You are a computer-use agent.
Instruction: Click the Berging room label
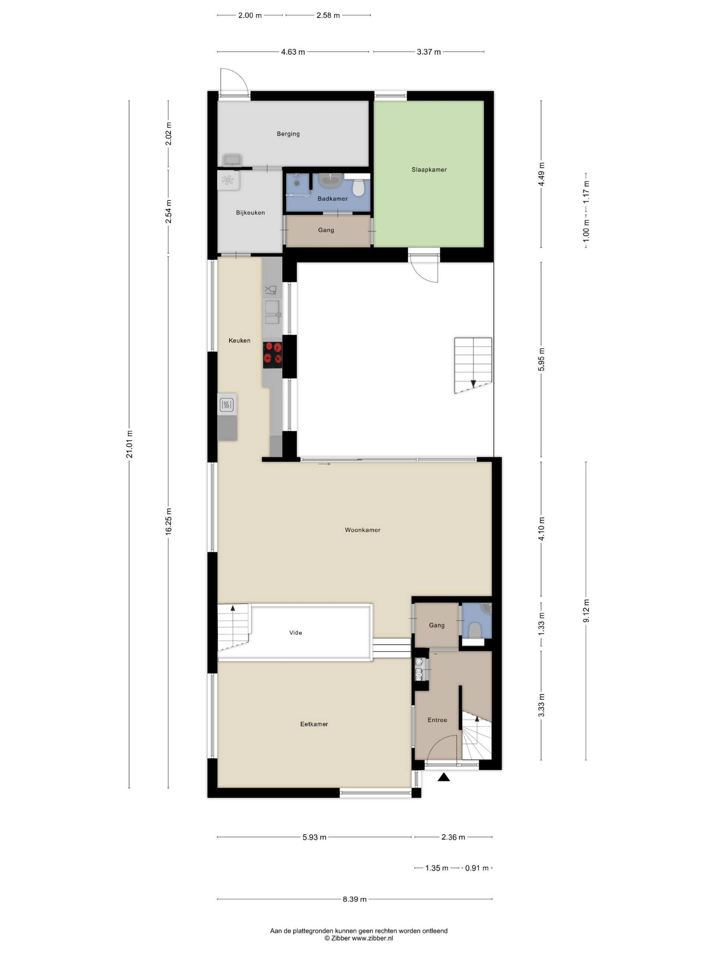tap(288, 134)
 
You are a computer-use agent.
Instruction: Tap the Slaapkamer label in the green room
tap(429, 170)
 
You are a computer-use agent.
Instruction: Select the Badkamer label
tap(332, 199)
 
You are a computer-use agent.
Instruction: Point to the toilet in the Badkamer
tap(358, 187)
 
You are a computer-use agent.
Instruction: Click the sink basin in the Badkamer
tap(330, 181)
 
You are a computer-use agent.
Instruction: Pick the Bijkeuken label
tap(250, 213)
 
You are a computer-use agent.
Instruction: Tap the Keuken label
tap(239, 340)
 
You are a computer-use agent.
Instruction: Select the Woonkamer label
tap(362, 530)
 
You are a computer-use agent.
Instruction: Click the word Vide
tap(295, 632)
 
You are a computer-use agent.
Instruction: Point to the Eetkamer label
tap(314, 724)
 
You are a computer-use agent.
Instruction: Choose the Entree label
tap(437, 720)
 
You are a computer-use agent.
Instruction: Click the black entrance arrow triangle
tap(444, 777)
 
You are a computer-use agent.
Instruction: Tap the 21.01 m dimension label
tap(129, 444)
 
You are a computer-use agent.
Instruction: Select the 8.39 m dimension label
tap(355, 899)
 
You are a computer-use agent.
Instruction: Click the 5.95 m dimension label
tap(541, 359)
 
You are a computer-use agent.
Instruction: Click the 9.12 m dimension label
tap(586, 611)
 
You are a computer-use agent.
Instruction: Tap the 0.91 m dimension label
tap(477, 868)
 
